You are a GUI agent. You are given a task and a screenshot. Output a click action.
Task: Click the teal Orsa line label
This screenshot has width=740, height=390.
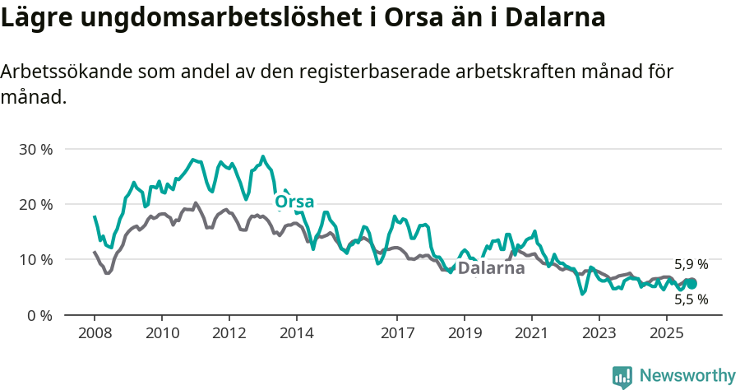click(x=294, y=202)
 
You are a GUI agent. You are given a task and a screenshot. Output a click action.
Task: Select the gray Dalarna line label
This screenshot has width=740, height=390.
click(x=491, y=268)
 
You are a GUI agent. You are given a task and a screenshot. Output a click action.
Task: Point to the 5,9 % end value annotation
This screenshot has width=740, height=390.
click(x=691, y=265)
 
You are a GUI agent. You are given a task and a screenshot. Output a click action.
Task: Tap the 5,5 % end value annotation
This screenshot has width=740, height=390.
click(x=691, y=299)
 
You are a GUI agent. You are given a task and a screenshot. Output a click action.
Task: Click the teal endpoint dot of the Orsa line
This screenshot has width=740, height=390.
click(x=691, y=284)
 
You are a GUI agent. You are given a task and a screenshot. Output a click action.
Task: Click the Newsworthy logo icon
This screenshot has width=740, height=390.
click(x=622, y=377)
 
